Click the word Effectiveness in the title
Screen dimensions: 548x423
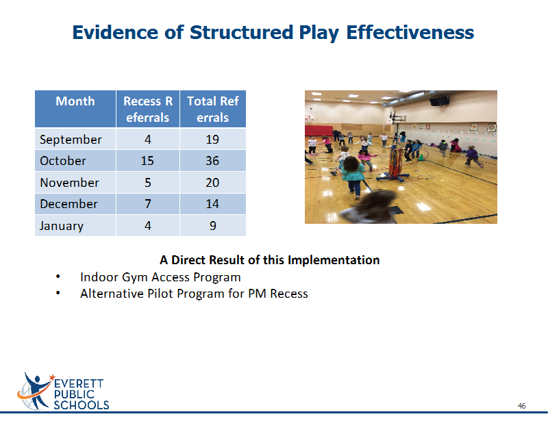(410, 32)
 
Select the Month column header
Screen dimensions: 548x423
(75, 101)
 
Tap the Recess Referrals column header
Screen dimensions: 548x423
(148, 110)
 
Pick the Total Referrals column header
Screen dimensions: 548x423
(213, 110)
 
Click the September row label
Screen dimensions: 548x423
(71, 140)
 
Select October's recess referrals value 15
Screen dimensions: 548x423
(147, 161)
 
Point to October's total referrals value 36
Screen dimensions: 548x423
(212, 161)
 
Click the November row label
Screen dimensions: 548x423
(70, 182)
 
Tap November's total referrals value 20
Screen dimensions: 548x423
(212, 182)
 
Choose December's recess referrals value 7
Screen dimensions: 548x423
(148, 204)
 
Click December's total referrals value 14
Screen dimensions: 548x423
(212, 204)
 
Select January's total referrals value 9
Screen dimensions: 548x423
(213, 226)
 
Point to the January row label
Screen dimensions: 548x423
(62, 226)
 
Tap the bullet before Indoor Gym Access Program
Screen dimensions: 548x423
(58, 277)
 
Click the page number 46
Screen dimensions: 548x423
(521, 406)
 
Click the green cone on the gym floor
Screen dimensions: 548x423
(421, 157)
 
